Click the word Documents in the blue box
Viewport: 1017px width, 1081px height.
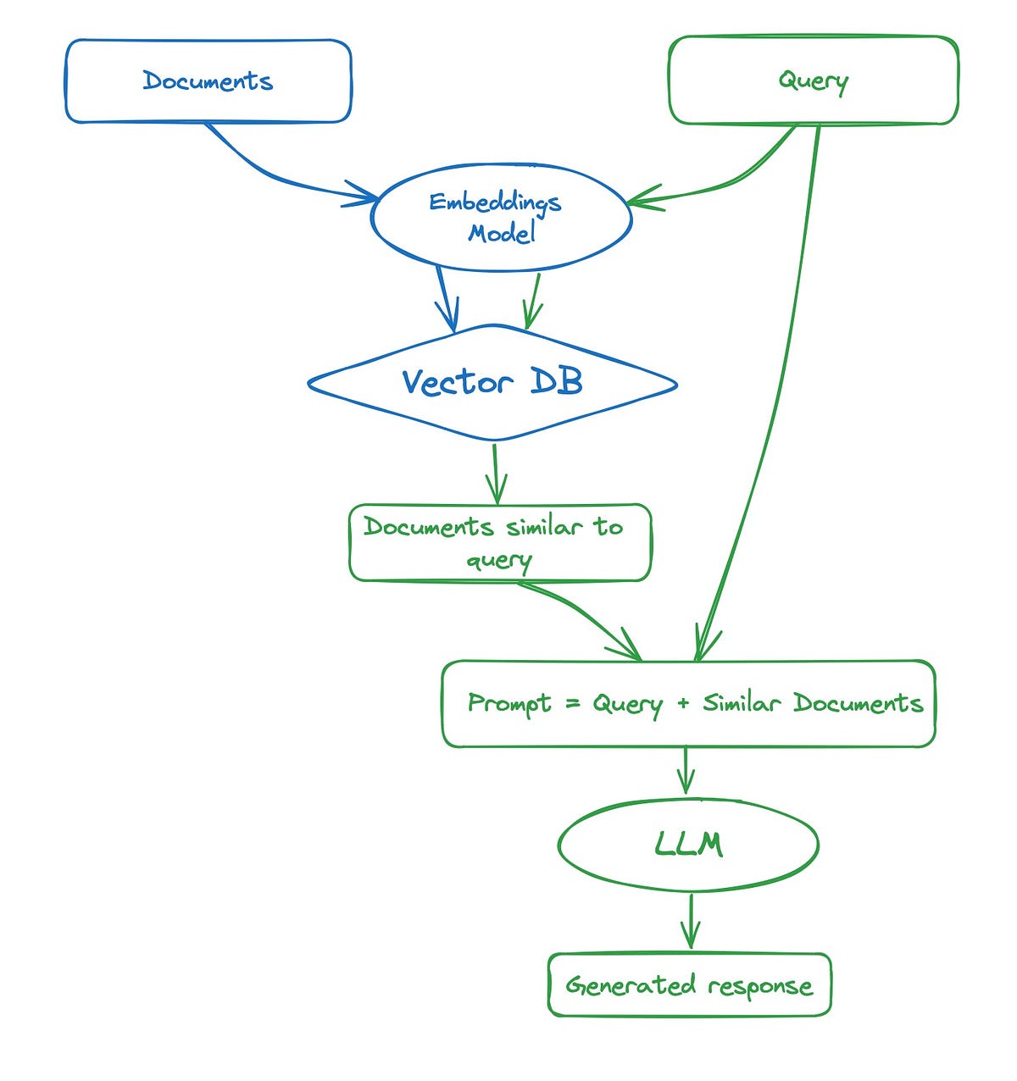pos(208,81)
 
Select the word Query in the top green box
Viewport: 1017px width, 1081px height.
pos(813,81)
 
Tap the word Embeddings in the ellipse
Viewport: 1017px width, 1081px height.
pos(495,203)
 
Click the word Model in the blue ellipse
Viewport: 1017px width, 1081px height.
pos(502,233)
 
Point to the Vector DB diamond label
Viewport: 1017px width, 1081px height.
pos(492,383)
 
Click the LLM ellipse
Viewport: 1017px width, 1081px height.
pos(688,845)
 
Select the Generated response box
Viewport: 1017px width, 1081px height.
pos(689,985)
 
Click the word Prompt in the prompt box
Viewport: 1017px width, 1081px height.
pos(509,704)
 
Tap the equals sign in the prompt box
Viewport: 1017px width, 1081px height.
pos(571,703)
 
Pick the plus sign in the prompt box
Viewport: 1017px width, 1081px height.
pos(683,703)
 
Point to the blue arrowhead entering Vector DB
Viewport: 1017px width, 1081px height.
pos(450,320)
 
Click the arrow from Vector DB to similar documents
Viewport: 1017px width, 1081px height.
pos(496,474)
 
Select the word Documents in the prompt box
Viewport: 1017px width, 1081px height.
pos(858,703)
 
